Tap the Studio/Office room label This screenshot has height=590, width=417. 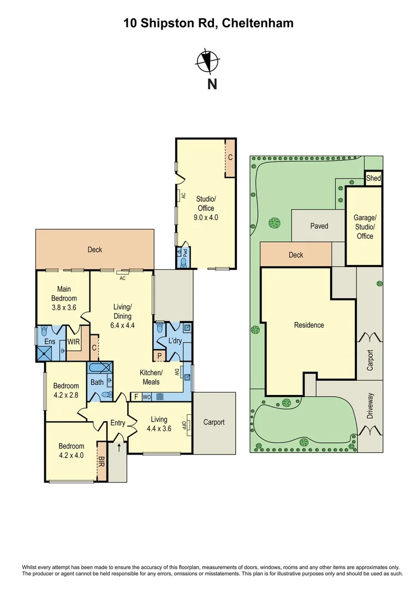206,203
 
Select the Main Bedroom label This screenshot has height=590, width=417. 64,293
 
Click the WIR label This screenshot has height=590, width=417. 73,341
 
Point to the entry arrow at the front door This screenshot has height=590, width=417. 119,448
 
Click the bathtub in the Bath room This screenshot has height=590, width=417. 100,368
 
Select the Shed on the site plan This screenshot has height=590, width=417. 373,178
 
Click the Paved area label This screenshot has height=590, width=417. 319,226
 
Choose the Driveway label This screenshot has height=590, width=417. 371,406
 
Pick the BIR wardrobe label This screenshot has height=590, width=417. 101,462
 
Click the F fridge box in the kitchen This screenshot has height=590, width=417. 136,397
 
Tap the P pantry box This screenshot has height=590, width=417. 159,355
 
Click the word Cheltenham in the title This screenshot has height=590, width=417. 258,23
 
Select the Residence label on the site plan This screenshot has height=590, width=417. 309,325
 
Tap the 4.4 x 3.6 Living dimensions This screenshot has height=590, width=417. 159,428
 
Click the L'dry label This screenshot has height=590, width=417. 175,341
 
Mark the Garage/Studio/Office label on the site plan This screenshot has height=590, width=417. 365,227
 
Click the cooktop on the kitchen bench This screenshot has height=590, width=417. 160,397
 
